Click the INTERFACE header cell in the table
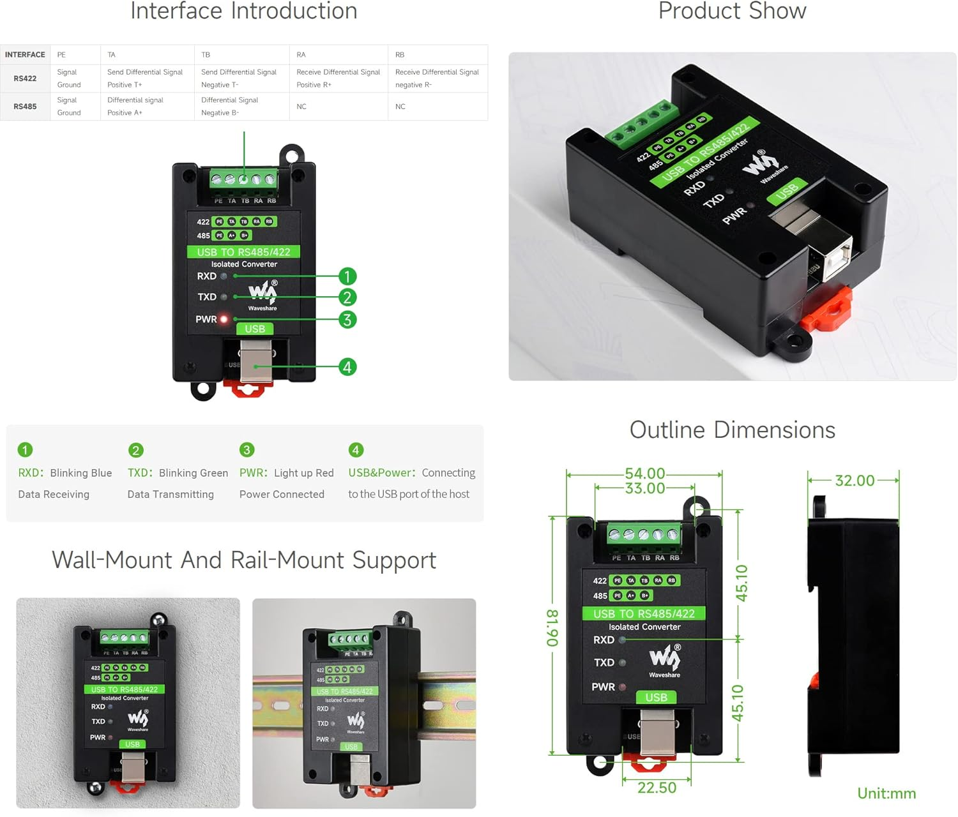coord(25,55)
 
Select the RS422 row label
coord(25,79)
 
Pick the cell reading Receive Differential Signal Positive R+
coord(338,79)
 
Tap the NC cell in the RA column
coord(301,107)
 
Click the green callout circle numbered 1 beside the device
coord(347,276)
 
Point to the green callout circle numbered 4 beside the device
coord(347,367)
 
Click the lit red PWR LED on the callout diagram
coord(224,319)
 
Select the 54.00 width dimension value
coord(644,474)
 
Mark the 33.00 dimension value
coord(644,488)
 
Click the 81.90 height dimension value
coord(552,628)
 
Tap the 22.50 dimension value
coord(657,788)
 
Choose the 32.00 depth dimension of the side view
coord(855,481)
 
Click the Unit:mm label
coord(886,793)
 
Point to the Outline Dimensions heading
coord(732,430)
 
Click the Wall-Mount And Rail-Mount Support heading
coord(243,560)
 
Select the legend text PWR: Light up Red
coord(286,473)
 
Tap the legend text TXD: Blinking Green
coord(178,473)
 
